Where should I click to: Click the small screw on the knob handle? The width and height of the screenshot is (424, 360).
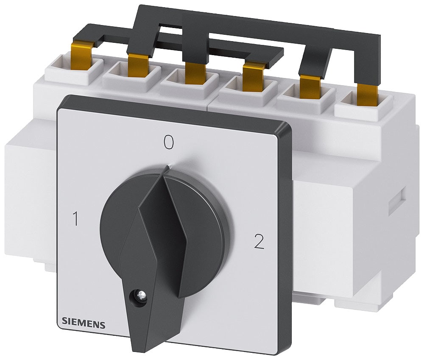pyautogui.click(x=138, y=293)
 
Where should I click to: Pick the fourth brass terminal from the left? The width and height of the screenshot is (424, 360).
pyautogui.click(x=253, y=77)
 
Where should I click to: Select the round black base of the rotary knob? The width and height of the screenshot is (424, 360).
pyautogui.click(x=204, y=220)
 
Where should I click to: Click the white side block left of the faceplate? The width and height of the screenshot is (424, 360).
pyautogui.click(x=30, y=199)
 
